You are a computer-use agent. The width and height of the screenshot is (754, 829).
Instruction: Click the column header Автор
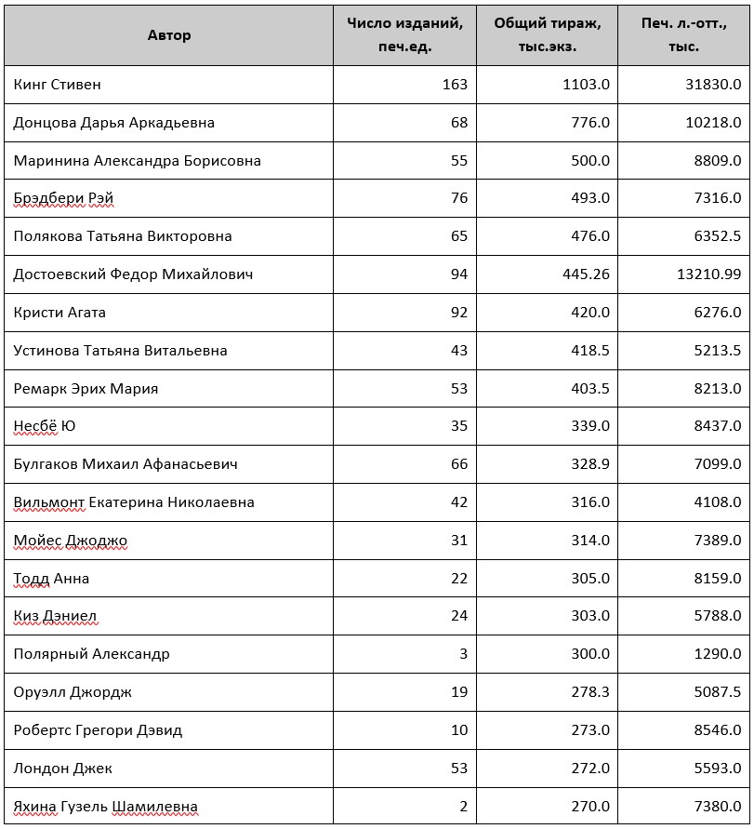click(x=169, y=35)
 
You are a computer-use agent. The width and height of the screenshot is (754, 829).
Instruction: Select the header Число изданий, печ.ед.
click(x=404, y=35)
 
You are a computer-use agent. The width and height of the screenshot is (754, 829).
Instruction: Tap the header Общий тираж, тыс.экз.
click(x=548, y=35)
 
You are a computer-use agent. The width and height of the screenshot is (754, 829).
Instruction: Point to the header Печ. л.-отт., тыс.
click(x=683, y=35)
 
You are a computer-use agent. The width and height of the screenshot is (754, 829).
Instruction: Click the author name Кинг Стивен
click(x=58, y=85)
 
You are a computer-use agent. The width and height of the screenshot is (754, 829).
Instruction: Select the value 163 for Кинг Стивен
click(x=455, y=85)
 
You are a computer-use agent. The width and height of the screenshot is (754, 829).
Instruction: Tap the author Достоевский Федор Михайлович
click(x=133, y=274)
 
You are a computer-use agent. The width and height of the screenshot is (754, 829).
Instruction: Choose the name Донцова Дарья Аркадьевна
click(x=114, y=123)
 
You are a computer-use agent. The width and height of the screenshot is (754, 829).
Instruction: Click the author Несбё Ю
click(x=45, y=426)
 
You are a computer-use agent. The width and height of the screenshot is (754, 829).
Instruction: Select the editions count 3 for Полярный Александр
click(x=463, y=654)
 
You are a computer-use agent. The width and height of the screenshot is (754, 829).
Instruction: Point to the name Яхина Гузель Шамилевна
click(x=105, y=807)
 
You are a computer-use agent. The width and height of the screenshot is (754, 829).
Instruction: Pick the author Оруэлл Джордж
click(x=73, y=692)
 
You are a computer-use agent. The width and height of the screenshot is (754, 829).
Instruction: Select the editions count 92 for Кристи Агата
click(x=458, y=313)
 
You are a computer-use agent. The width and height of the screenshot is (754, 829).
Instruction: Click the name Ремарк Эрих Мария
click(x=86, y=389)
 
